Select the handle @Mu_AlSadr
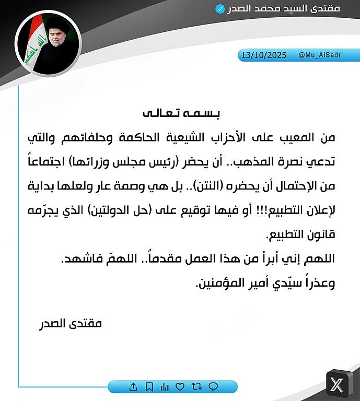(320, 55)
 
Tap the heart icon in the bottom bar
(180, 387)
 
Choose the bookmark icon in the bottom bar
(149, 387)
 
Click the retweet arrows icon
(196, 387)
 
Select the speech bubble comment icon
(213, 387)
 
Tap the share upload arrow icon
(133, 387)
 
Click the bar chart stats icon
(165, 387)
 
